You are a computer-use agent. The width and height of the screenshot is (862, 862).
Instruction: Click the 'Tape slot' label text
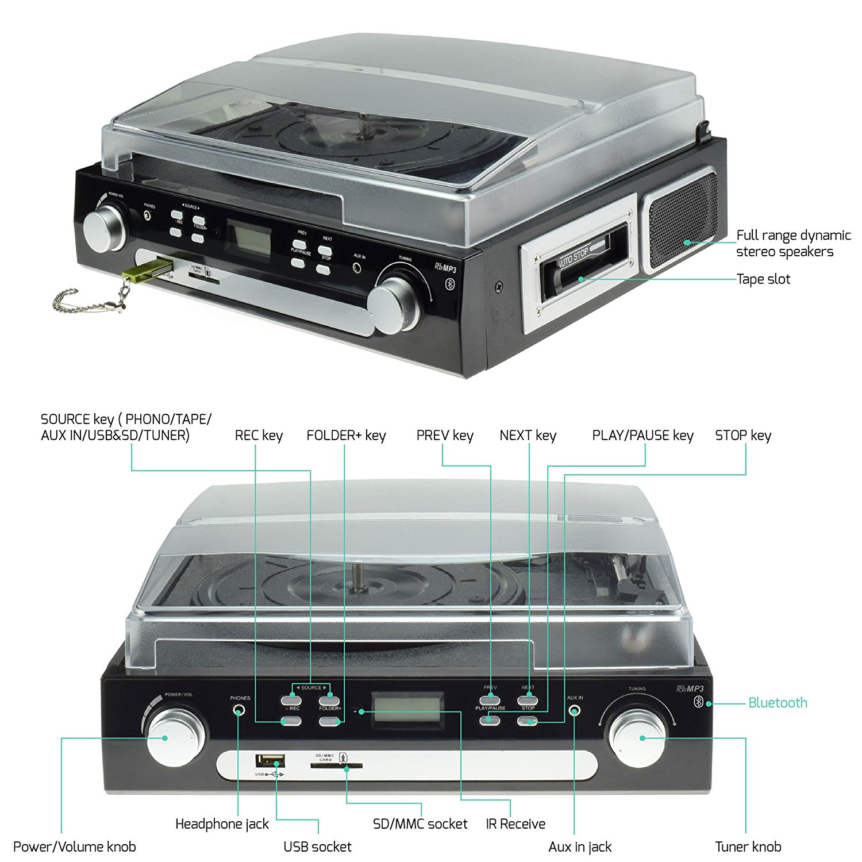click(763, 279)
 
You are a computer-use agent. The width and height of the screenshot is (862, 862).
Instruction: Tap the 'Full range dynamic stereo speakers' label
click(793, 243)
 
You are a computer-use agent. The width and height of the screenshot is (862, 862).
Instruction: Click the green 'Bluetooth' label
click(778, 703)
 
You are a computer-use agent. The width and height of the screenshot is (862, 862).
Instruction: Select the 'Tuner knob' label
click(748, 846)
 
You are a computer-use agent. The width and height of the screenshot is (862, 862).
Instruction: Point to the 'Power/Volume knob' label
click(75, 846)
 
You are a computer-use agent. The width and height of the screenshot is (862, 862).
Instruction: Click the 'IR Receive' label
click(515, 824)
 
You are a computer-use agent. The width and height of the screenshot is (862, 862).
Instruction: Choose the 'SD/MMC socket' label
click(420, 824)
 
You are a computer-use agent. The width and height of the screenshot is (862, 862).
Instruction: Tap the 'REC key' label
click(259, 436)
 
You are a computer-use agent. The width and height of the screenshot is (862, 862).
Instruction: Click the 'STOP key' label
click(743, 436)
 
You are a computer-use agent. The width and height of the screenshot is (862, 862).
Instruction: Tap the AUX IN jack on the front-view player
click(574, 711)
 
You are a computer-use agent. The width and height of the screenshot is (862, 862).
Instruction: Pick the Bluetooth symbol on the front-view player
click(699, 702)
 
